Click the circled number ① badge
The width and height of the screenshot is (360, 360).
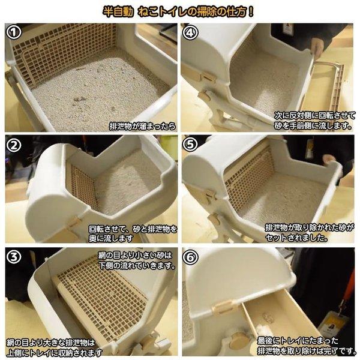[14, 32]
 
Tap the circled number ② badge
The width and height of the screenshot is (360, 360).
[14, 145]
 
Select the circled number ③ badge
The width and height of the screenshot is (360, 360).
[14, 257]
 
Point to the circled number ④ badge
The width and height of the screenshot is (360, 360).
[190, 32]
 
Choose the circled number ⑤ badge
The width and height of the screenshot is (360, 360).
[190, 144]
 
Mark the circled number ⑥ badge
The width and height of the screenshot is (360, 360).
[190, 257]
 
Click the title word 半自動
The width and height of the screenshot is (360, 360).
[118, 12]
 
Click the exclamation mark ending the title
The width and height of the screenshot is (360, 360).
[251, 12]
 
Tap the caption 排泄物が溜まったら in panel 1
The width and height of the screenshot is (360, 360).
[143, 126]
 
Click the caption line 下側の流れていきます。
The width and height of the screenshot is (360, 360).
[137, 266]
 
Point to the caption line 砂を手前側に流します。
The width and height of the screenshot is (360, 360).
[313, 126]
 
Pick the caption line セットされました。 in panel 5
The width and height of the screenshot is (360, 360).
[296, 238]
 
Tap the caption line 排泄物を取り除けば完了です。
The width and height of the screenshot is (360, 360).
[307, 351]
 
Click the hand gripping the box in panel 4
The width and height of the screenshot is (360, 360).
[318, 47]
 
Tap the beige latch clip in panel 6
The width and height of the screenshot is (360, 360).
[221, 307]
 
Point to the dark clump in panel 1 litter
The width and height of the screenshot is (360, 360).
[80, 100]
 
